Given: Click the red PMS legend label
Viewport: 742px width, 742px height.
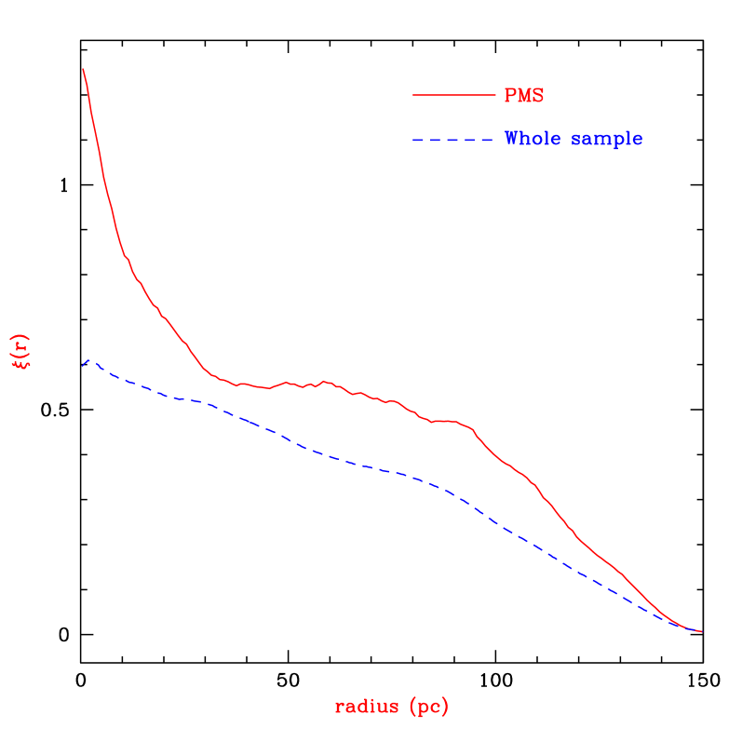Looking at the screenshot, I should pyautogui.click(x=523, y=95).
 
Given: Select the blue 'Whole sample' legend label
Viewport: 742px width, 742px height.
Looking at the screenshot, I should pyautogui.click(x=573, y=139).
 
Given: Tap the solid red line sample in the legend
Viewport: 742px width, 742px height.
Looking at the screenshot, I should pyautogui.click(x=454, y=95).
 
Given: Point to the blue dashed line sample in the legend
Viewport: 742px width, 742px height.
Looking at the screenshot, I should pyautogui.click(x=452, y=141).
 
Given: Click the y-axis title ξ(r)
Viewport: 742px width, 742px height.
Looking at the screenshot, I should pyautogui.click(x=21, y=351).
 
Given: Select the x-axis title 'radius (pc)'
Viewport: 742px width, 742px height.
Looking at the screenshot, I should pyautogui.click(x=391, y=707).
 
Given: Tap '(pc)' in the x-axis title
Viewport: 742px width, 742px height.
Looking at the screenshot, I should pyautogui.click(x=428, y=707).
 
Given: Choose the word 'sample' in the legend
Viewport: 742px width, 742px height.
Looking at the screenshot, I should pyautogui.click(x=607, y=139).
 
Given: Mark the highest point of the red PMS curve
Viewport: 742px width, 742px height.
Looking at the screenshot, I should pyautogui.click(x=83, y=69).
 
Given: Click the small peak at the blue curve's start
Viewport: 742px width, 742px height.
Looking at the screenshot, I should pyautogui.click(x=89, y=358).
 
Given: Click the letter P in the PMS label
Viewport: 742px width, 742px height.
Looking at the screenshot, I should pyautogui.click(x=510, y=95).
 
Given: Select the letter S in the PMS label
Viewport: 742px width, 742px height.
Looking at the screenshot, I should pyautogui.click(x=537, y=95).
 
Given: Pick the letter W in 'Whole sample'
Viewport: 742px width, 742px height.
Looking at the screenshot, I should pyautogui.click(x=512, y=139).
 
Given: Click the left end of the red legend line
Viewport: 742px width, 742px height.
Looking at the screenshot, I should pyautogui.click(x=414, y=95).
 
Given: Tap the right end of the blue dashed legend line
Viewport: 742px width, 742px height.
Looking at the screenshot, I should pyautogui.click(x=491, y=141).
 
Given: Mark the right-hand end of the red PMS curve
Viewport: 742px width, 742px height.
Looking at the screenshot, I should pyautogui.click(x=701, y=632).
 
